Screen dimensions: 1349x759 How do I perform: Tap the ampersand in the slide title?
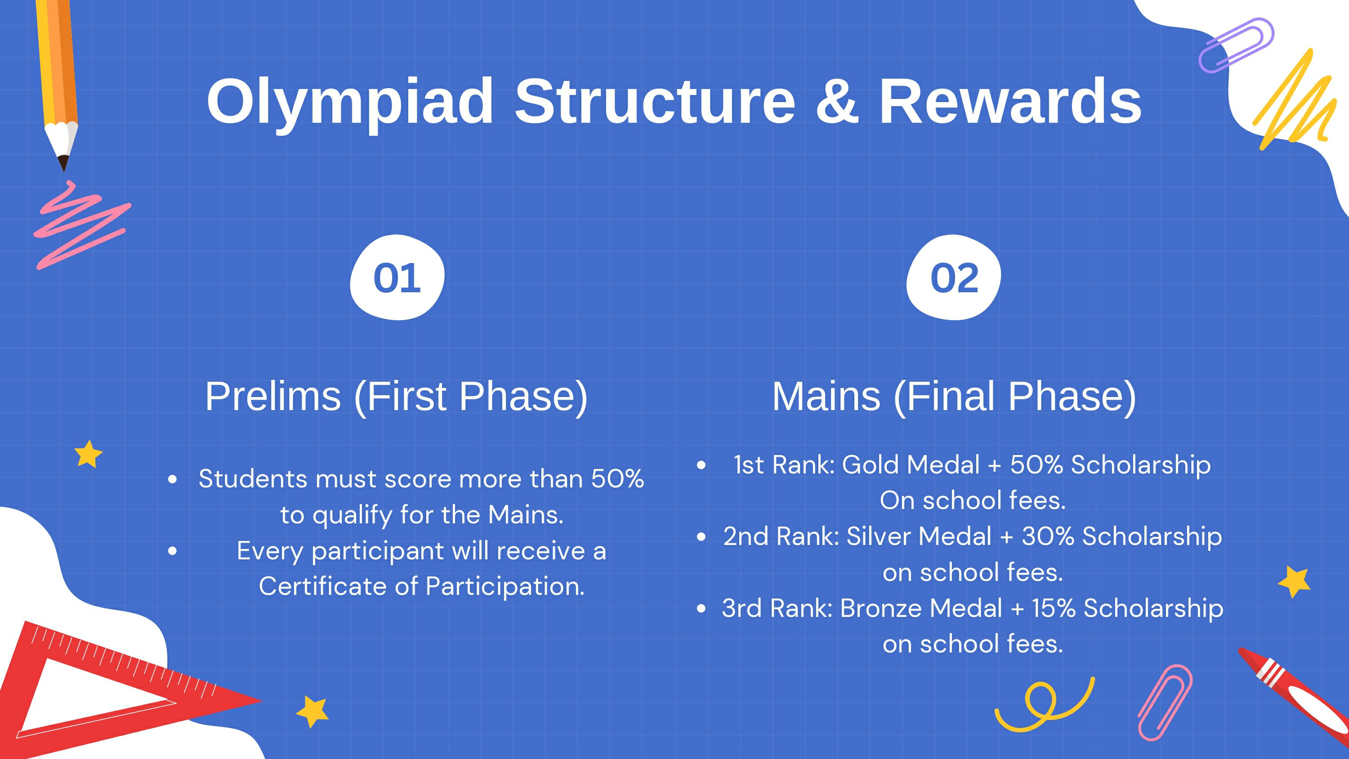point(837,101)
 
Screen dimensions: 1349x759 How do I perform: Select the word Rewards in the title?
point(1010,101)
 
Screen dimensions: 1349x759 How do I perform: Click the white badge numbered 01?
point(397,277)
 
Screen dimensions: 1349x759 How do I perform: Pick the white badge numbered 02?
point(954,277)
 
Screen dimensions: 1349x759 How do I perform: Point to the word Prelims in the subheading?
point(273,396)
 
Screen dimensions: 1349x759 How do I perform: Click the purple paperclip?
point(1236,45)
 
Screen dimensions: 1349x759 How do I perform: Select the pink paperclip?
point(1165,702)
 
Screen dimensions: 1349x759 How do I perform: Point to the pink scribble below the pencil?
point(82,225)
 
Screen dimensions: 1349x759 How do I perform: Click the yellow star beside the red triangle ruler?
point(313,712)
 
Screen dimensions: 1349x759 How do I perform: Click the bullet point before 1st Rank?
point(701,465)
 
